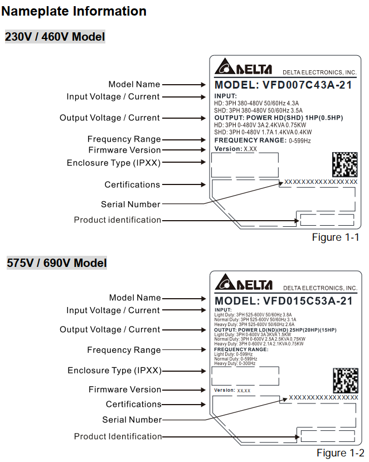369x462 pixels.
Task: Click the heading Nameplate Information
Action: pos(75,11)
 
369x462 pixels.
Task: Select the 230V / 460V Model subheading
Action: pos(55,37)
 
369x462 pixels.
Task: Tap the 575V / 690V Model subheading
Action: pos(56,263)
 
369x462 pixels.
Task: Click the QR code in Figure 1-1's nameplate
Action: pos(344,164)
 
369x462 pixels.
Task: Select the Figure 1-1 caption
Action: pos(335,237)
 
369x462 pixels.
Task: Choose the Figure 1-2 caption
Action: pos(340,454)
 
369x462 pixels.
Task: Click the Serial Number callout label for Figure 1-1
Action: pos(130,205)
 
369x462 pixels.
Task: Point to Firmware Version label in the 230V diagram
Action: pos(124,150)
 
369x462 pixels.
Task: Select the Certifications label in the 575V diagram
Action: pos(133,404)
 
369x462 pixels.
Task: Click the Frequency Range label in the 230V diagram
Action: pos(124,139)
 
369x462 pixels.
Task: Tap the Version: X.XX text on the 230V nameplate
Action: pos(236,149)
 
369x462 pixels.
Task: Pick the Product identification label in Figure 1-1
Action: pos(117,220)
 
